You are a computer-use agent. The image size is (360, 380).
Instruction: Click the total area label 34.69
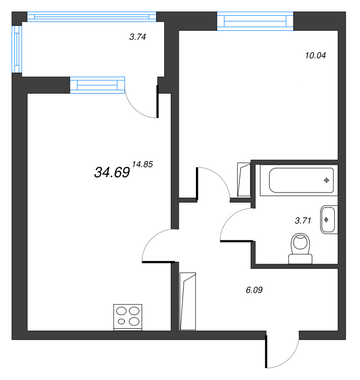click(x=112, y=172)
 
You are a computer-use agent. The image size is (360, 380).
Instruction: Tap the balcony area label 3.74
click(x=137, y=37)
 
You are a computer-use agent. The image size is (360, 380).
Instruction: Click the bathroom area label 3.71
click(x=303, y=220)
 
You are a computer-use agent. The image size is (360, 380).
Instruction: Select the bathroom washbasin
click(x=328, y=219)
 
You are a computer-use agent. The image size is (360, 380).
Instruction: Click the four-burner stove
click(x=128, y=317)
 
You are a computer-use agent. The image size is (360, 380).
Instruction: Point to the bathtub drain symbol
click(x=326, y=180)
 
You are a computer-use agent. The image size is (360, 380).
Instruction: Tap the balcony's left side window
click(x=17, y=48)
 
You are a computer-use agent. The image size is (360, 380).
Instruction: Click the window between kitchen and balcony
click(x=97, y=85)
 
